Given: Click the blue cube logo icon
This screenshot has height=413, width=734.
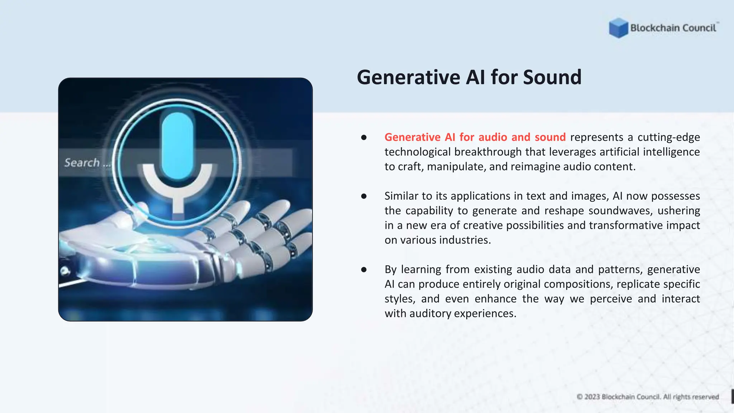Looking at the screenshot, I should pos(618,28).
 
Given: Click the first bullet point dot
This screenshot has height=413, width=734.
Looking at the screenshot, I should pos(364,137).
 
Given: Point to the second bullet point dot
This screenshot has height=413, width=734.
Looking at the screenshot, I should pos(364,196).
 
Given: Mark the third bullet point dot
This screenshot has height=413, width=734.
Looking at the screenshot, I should pos(364,270).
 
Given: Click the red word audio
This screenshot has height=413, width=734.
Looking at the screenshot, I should pos(492,137).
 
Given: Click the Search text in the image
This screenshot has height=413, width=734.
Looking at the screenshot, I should pos(82,163).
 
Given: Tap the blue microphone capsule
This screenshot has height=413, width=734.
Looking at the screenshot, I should pos(177,145).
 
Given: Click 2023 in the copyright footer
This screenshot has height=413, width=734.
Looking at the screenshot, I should pos(592,397).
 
